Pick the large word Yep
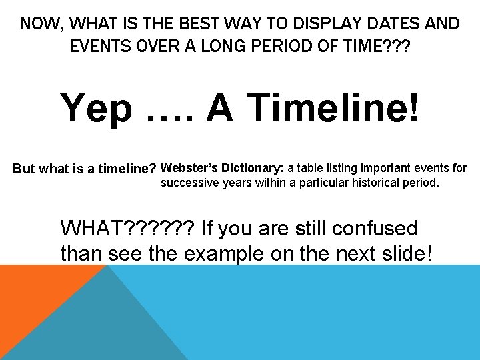tap(96, 107)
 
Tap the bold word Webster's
tap(190, 167)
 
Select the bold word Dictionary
tap(253, 167)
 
